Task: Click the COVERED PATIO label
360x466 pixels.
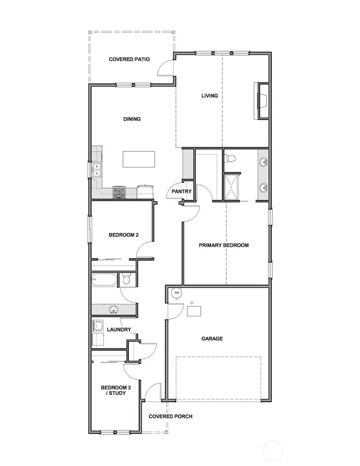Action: pos(129,60)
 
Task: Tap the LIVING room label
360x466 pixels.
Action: pos(210,96)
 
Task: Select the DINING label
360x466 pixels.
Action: pos(132,119)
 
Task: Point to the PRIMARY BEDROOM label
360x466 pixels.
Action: pos(224,245)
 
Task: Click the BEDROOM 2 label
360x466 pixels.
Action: pos(124,235)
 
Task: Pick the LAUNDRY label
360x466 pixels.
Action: pos(119,330)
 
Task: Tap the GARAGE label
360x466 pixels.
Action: pos(212,339)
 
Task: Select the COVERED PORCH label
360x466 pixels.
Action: pos(170,416)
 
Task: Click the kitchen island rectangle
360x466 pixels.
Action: pos(139,159)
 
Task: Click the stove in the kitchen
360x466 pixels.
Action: pos(119,192)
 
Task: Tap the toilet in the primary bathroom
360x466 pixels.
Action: pos(230,158)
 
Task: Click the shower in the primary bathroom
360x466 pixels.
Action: pos(232,186)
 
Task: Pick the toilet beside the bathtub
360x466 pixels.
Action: pos(126,279)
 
